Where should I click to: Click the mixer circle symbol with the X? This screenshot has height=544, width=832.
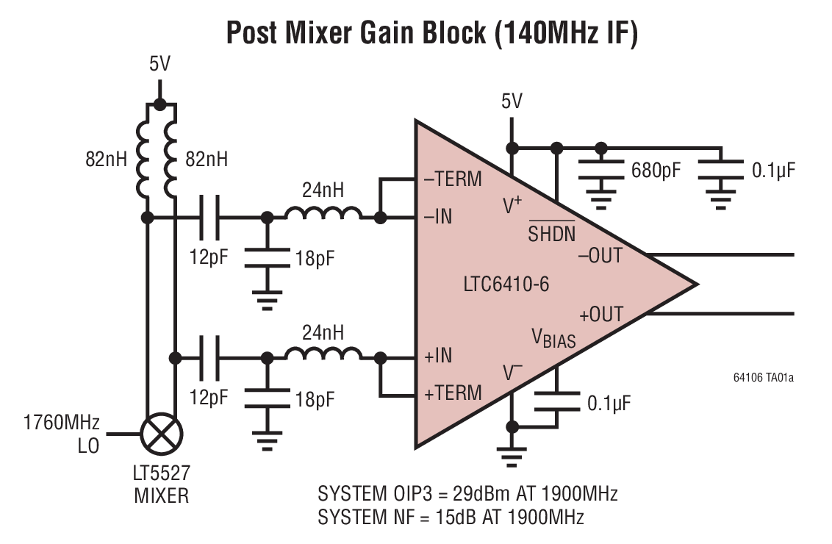tap(161, 434)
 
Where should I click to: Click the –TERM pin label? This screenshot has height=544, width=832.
tap(453, 179)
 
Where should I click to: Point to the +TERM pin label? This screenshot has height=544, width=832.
tap(453, 392)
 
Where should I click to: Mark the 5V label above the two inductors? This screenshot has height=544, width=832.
tap(159, 65)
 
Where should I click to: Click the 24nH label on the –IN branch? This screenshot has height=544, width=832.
tap(323, 191)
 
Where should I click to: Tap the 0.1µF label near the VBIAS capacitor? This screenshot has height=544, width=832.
tap(609, 404)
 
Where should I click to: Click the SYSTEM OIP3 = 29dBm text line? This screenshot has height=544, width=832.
tap(467, 493)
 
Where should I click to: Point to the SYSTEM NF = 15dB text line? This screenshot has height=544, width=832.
tap(451, 517)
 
